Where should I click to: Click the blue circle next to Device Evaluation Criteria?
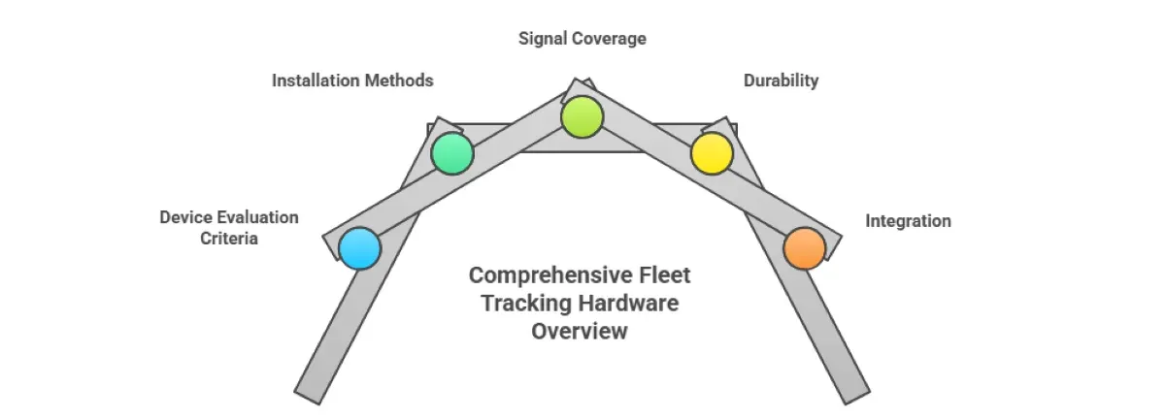tap(359, 248)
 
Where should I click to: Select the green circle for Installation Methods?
tap(451, 153)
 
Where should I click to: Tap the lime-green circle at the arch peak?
tap(582, 116)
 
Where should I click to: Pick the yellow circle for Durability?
tap(711, 153)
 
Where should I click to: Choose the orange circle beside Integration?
tap(804, 247)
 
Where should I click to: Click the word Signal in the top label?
tap(545, 39)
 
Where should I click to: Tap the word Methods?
tap(399, 81)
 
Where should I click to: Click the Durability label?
tap(781, 81)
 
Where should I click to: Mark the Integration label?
tap(908, 221)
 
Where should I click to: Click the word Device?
tap(185, 217)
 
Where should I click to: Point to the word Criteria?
tap(229, 239)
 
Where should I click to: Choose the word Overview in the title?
tap(580, 332)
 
